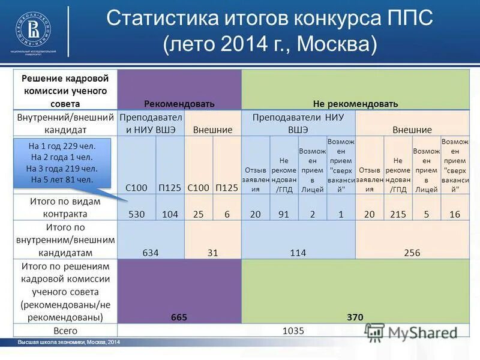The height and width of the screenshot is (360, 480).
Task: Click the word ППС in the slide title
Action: coord(409,18)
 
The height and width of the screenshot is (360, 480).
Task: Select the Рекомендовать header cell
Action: coord(179,103)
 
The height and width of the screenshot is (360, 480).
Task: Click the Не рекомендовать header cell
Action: coord(355,103)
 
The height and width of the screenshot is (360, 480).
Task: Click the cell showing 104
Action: coord(170,214)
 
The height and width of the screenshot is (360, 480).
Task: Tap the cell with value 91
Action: coord(284,214)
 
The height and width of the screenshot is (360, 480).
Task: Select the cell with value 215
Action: coord(398,214)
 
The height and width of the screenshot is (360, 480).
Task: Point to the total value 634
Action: coord(151,253)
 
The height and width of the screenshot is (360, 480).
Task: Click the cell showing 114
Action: coord(298,253)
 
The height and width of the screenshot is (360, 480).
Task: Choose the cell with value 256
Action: coord(412,253)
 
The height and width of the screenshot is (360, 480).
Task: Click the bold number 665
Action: coord(179,317)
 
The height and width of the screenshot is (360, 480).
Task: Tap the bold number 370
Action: coord(355,317)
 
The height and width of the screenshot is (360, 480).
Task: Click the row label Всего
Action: coord(65,331)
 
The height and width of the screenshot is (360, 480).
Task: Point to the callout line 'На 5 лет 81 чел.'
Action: coord(62,179)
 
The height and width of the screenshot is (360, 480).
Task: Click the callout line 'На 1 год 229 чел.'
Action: coord(62,146)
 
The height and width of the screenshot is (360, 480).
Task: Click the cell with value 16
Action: coord(454,214)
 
